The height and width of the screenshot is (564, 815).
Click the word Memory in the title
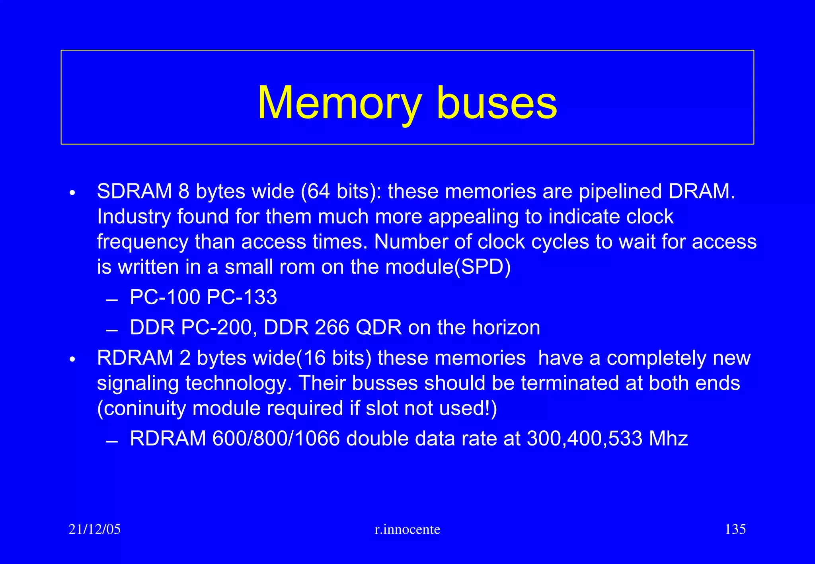point(339,103)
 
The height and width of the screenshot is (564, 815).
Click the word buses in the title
point(497,103)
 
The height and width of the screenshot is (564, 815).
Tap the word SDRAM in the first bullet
point(134,191)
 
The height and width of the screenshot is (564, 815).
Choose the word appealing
point(473,218)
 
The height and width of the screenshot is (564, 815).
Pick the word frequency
point(142,242)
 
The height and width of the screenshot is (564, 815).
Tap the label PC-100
point(165,297)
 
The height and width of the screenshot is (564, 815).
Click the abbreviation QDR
point(378,328)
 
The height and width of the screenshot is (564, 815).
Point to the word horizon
point(506,328)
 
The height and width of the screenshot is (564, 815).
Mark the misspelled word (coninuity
point(141,409)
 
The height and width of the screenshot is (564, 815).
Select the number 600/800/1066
point(276,439)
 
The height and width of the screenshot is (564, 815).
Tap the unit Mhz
point(668,439)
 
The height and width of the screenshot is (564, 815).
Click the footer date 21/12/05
point(95,529)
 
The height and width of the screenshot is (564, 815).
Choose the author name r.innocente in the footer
point(407,529)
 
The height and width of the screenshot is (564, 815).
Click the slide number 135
point(735,529)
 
